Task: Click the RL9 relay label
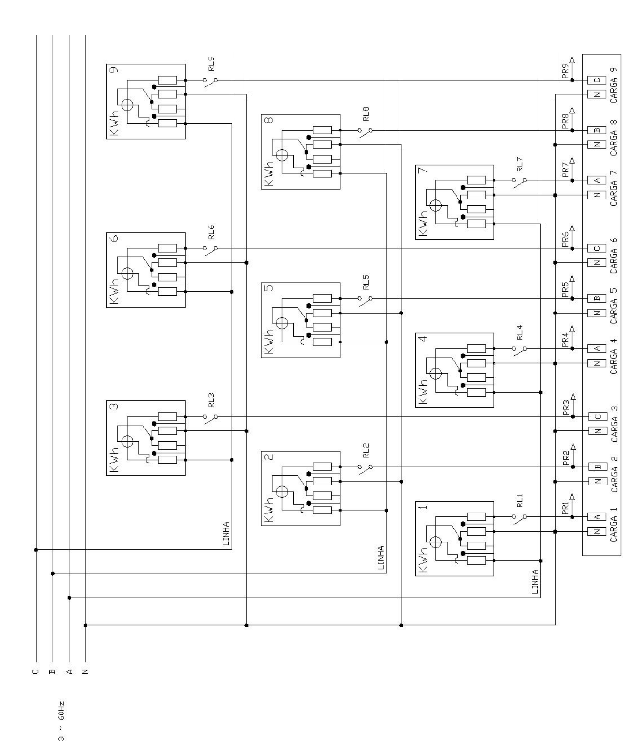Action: pos(212,63)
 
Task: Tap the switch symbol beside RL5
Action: pos(365,301)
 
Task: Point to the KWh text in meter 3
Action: pos(114,459)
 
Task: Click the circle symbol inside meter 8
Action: pos(282,155)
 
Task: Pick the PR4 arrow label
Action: pos(565,340)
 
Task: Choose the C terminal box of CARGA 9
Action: pos(597,80)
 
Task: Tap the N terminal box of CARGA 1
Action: pos(597,532)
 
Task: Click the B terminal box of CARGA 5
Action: pos(597,298)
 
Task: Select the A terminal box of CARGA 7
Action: pos(597,180)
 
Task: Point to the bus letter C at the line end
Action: pos(35,671)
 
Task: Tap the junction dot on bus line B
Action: pos(53,574)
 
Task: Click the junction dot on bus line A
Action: pos(69,598)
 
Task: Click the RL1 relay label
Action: pos(520,500)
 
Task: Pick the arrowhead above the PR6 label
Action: pos(572,228)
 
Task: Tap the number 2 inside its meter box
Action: pos(269,456)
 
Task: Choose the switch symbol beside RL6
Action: pos(211,251)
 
